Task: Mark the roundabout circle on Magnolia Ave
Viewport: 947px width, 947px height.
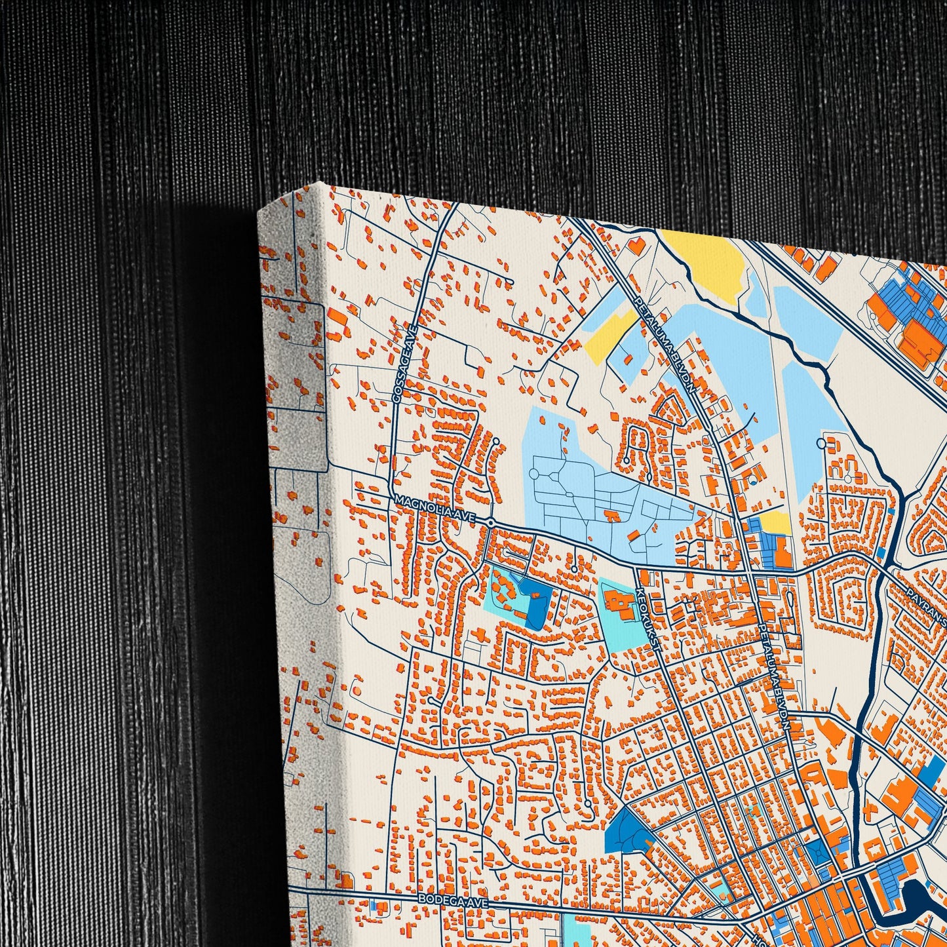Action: (x=491, y=522)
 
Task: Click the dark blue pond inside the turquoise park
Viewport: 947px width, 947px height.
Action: (x=534, y=606)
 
